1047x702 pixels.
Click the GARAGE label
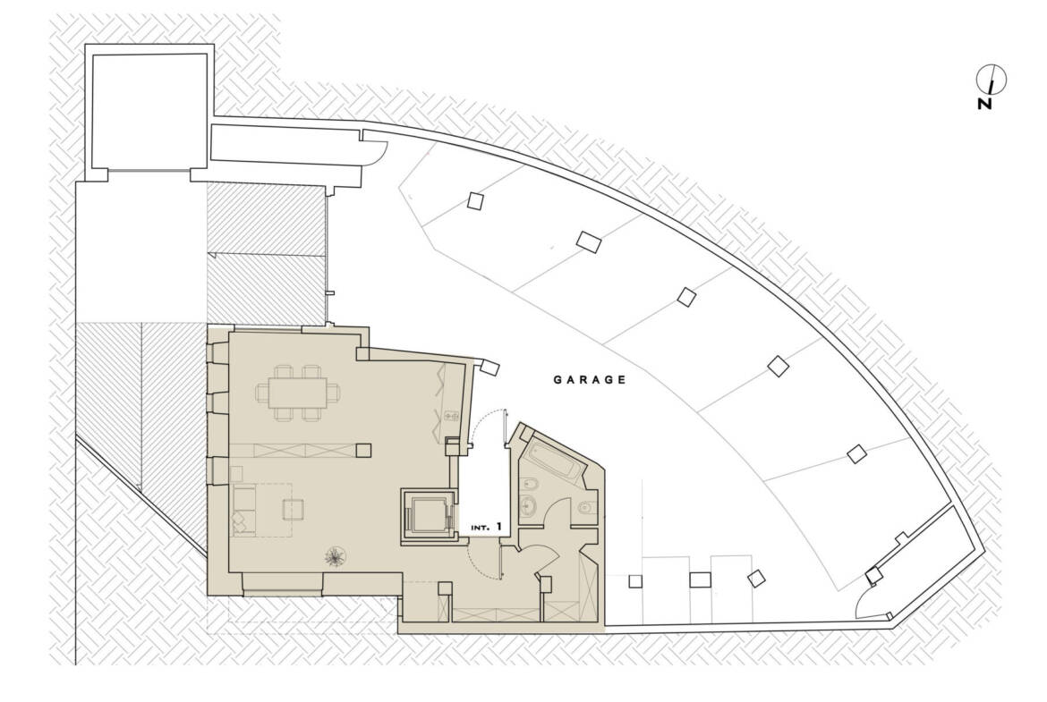click(x=590, y=380)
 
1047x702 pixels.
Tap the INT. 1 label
click(x=486, y=527)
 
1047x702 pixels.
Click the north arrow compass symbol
click(x=991, y=80)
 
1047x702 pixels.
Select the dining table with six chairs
click(x=298, y=393)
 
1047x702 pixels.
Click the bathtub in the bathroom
click(x=557, y=459)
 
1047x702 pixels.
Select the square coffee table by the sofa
click(x=294, y=510)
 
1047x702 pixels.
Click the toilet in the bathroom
click(x=585, y=507)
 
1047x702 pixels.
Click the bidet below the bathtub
click(x=530, y=484)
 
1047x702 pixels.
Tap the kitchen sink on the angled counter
click(x=449, y=417)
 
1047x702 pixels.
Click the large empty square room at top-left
click(x=149, y=112)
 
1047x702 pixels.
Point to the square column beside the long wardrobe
click(x=363, y=451)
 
